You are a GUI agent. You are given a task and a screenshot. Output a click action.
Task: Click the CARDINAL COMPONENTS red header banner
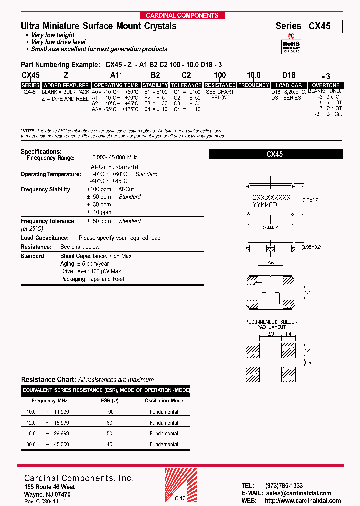182,15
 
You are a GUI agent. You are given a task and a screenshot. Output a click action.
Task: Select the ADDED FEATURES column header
66,85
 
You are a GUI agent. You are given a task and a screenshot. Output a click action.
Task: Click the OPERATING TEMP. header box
116,85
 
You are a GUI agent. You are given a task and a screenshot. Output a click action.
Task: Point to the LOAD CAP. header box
289,85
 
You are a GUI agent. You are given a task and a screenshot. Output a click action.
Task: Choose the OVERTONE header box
325,85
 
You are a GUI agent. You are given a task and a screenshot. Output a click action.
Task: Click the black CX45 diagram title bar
274,154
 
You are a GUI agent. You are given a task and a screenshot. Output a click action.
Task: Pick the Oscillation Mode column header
164,401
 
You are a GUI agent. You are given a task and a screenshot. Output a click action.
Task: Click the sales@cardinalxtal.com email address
297,493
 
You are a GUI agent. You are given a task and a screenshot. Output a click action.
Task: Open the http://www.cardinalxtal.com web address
303,501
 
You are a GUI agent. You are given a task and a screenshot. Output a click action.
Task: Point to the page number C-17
180,498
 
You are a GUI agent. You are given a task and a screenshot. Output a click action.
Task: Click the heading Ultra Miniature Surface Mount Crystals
98,26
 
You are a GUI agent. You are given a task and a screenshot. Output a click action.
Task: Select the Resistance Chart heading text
48,380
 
